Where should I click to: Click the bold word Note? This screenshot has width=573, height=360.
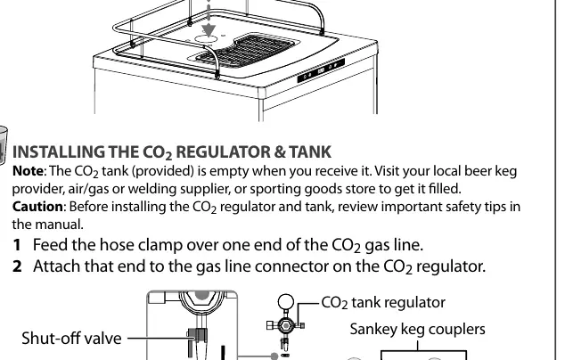click(28, 171)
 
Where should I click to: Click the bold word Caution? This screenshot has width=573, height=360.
click(37, 207)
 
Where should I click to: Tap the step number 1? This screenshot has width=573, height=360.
click(17, 245)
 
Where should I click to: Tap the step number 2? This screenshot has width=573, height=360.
click(17, 266)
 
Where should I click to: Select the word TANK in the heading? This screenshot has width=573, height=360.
click(310, 152)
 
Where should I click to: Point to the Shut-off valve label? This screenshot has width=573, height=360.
click(71, 338)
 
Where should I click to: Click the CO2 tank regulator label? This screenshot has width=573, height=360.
click(383, 303)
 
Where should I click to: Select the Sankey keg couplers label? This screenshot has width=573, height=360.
click(418, 330)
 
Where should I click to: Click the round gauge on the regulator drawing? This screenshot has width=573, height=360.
click(286, 302)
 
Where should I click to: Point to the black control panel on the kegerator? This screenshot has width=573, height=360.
click(321, 70)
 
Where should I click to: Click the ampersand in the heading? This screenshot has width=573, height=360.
click(280, 152)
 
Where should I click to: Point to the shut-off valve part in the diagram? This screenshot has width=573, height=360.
click(197, 336)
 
